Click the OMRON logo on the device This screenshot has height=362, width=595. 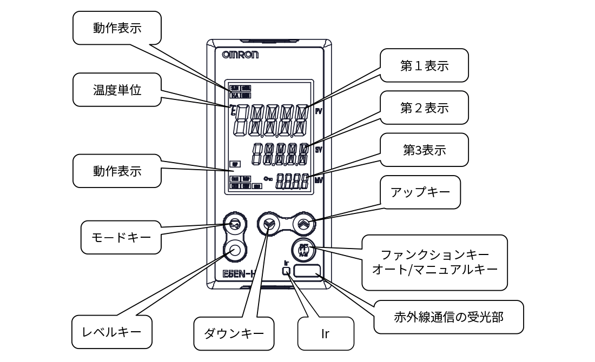point(240,55)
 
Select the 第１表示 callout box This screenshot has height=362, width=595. point(424,65)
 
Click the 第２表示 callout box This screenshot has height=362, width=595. point(424,108)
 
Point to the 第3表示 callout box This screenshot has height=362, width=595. point(424,150)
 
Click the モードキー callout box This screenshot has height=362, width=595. point(121,237)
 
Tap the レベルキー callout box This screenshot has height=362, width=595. point(112,330)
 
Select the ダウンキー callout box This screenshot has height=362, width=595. point(234,332)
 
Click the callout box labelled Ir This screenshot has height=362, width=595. point(326,333)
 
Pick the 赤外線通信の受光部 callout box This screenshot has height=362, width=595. point(448,317)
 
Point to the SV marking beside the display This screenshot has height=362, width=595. point(318,150)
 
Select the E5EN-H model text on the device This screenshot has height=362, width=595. point(237,274)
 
